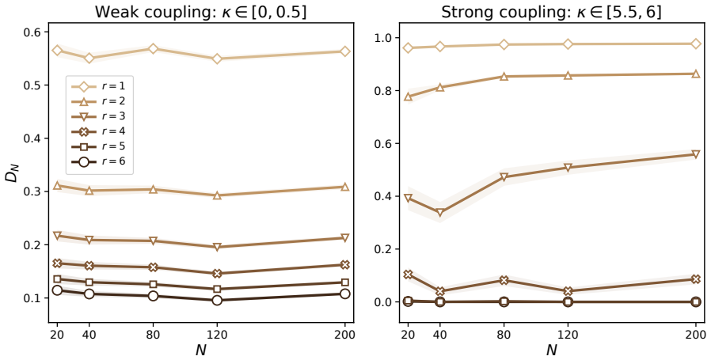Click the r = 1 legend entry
(100, 86)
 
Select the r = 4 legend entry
(100, 131)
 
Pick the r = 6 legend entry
(100, 161)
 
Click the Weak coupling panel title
(200, 12)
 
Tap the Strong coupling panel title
(551, 12)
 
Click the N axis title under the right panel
(552, 350)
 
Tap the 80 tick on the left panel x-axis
(154, 336)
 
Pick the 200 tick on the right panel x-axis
(697, 336)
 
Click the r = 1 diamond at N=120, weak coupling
(217, 59)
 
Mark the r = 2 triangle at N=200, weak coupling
(344, 187)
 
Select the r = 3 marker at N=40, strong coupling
(440, 213)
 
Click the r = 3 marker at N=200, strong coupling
(696, 154)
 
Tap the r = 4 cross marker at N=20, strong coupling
(408, 275)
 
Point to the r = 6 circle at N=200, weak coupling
(344, 294)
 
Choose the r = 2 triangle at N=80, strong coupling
(504, 76)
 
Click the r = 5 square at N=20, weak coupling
(57, 279)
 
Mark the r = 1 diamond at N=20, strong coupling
(408, 48)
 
